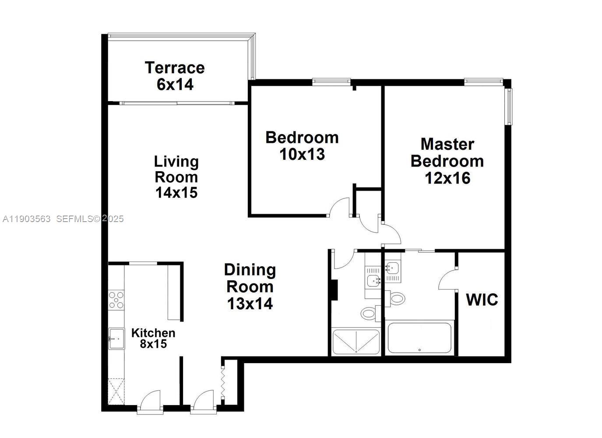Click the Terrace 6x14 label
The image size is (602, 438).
pos(175,76)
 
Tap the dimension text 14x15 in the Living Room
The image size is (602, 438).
pos(176,192)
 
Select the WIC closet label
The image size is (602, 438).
pos(482,300)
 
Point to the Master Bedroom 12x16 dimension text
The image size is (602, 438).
pos(447,178)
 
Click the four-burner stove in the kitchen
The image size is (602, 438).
pos(116,300)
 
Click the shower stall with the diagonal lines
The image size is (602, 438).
pos(356,342)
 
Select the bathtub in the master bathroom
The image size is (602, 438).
pos(419,338)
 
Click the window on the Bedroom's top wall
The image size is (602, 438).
pos(331,81)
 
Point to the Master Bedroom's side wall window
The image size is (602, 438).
pos(509,106)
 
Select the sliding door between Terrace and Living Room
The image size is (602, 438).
pos(177,103)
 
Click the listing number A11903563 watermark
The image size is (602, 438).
pos(27,219)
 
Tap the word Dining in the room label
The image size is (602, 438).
pos(250,270)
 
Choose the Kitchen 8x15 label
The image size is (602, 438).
pos(153,338)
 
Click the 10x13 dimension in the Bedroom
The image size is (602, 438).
pos(302,154)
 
